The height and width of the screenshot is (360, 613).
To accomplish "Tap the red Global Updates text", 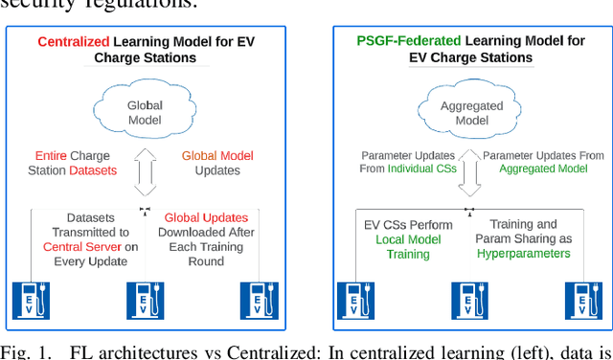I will click(x=205, y=217).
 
